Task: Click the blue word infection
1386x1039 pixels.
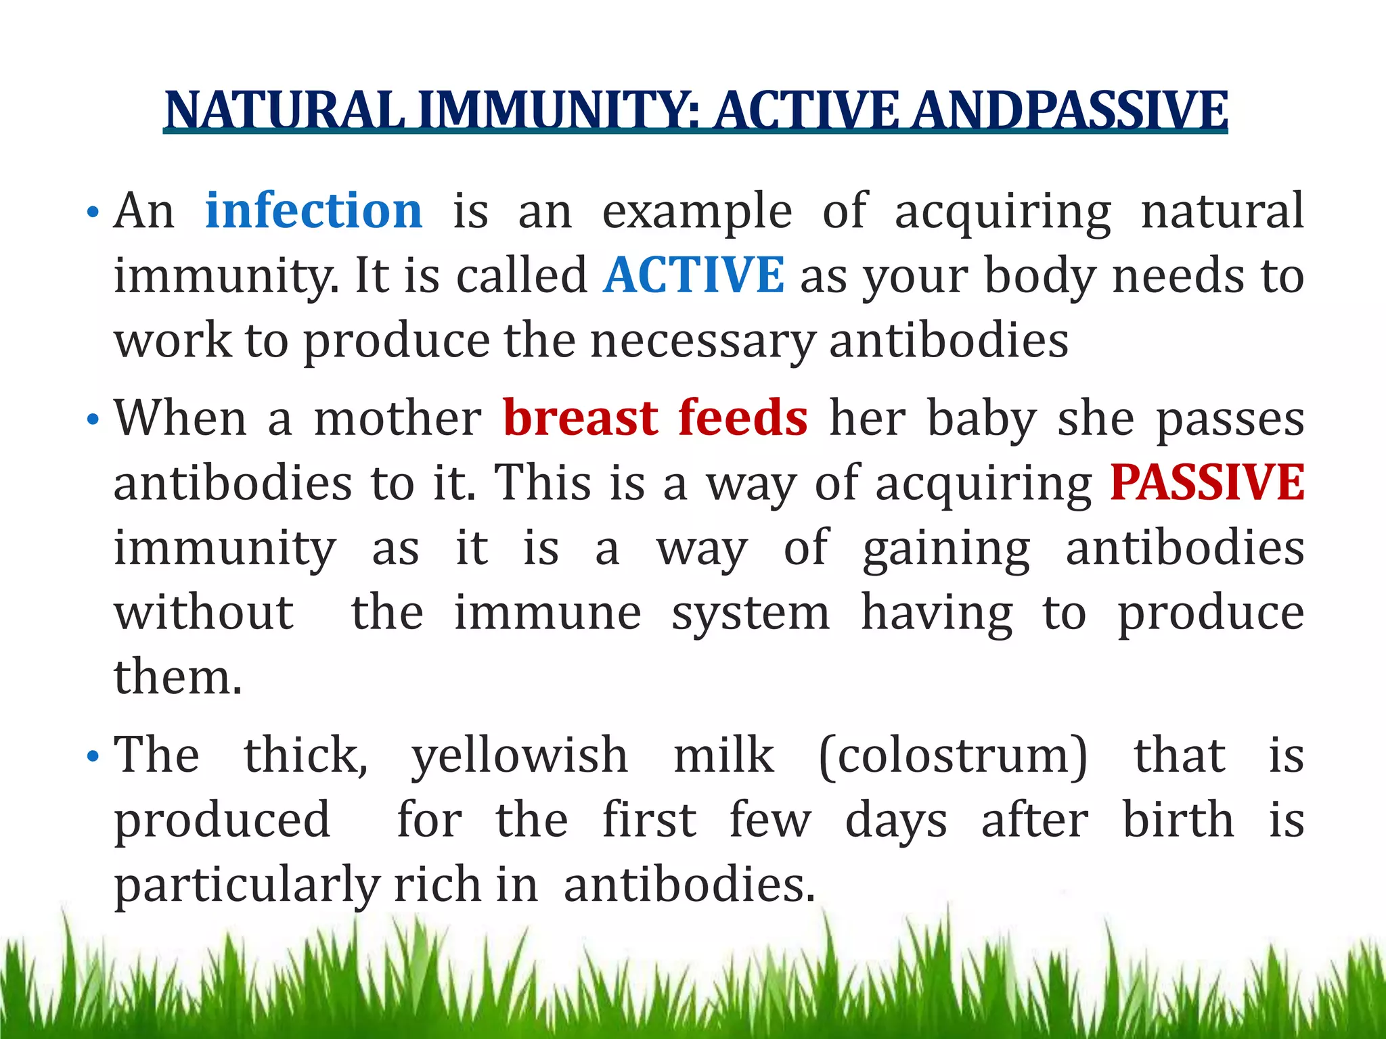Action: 314,211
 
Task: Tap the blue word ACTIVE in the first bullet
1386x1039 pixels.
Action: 694,275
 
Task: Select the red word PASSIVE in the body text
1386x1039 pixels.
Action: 1207,483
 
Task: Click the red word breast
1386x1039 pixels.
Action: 581,418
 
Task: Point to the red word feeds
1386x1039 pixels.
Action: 743,418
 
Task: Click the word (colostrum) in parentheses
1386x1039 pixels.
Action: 953,755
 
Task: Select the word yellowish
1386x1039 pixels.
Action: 520,756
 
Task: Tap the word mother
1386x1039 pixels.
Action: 398,418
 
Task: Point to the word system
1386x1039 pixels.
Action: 750,614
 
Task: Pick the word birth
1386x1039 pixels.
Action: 1178,820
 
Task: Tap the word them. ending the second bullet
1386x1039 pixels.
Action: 177,677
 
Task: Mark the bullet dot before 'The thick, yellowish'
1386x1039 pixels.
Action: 93,758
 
